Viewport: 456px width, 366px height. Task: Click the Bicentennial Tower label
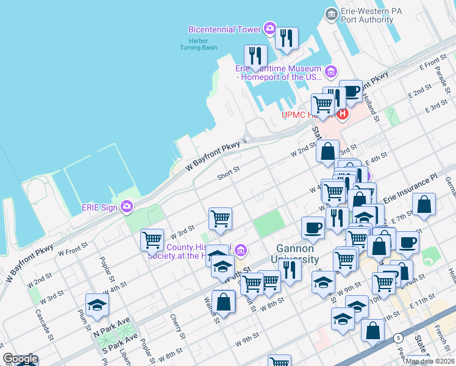pyautogui.click(x=224, y=29)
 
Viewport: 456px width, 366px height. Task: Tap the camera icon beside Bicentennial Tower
pyautogui.click(x=269, y=29)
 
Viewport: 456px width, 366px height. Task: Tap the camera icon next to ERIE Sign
pyautogui.click(x=127, y=207)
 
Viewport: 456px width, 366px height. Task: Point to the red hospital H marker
pyautogui.click(x=343, y=113)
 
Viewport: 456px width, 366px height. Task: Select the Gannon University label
pyautogui.click(x=295, y=254)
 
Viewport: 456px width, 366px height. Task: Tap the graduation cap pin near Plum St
pyautogui.click(x=97, y=305)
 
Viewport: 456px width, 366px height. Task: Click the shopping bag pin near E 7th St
pyautogui.click(x=424, y=204)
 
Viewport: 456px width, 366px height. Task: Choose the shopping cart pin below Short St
pyautogui.click(x=220, y=218)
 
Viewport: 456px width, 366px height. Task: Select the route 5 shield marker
pyautogui.click(x=398, y=337)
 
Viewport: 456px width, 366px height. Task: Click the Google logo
pyautogui.click(x=20, y=359)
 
